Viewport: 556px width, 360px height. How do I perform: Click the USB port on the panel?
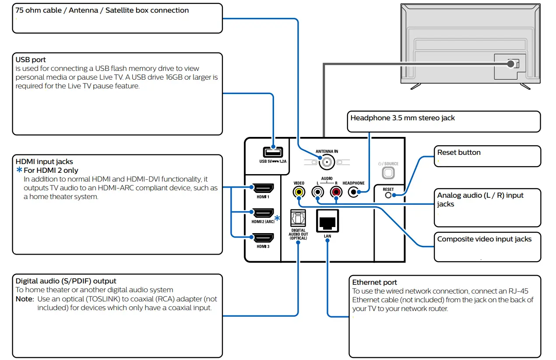273,152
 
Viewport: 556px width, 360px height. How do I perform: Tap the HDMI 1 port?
264,189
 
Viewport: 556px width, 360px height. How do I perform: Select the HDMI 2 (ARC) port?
264,213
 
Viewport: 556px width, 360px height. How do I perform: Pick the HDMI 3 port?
264,238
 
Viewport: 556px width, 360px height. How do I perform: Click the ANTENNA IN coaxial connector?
326,163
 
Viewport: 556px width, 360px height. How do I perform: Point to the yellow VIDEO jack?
299,192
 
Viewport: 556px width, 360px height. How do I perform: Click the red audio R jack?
336,192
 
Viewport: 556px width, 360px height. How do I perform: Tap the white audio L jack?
317,192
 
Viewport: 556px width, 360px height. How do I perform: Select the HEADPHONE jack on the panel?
354,192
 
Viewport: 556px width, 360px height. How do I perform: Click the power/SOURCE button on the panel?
388,173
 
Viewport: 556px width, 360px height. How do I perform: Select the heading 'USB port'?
31,60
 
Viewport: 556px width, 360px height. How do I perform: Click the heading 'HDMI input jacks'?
44,162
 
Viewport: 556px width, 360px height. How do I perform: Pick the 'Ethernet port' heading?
375,283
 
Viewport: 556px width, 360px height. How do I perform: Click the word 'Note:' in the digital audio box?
25,299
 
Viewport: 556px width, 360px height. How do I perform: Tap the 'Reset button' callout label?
459,153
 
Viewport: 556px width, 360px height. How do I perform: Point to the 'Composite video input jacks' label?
484,239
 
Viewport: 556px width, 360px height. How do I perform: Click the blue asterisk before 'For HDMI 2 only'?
19,170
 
